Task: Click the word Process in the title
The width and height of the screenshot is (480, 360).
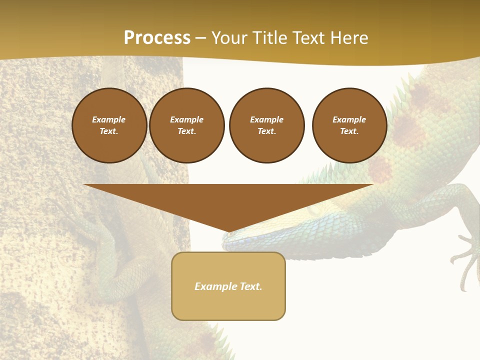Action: click(x=157, y=38)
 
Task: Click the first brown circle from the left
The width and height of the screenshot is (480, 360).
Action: click(x=109, y=125)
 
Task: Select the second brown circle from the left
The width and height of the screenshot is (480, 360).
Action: click(x=186, y=125)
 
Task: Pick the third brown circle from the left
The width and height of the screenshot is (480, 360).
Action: click(x=266, y=125)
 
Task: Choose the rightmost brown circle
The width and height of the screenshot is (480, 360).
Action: click(x=349, y=125)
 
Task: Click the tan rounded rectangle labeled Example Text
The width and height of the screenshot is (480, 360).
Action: click(x=228, y=286)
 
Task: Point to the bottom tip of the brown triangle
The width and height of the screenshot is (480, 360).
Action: click(x=228, y=232)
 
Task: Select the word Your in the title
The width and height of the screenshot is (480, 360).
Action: click(x=229, y=38)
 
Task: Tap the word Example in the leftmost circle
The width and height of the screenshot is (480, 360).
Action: click(x=109, y=119)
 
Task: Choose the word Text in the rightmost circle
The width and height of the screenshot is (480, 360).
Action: click(x=349, y=131)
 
